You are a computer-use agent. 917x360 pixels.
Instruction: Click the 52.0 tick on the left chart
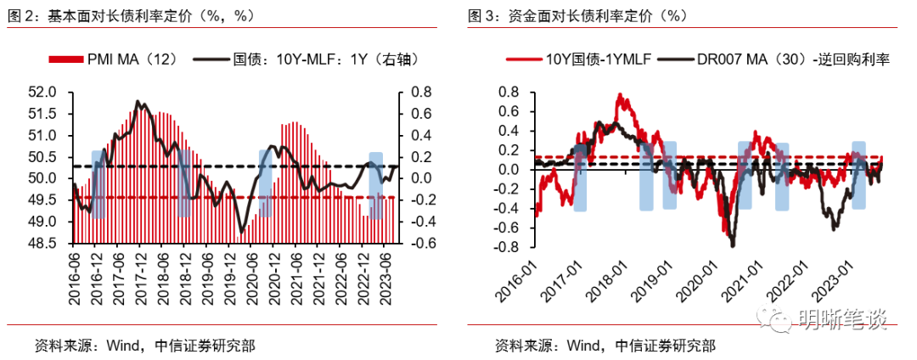[43, 93]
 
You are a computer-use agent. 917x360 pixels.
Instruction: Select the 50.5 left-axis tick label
[43, 157]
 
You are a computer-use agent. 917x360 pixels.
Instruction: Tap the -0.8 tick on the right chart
[506, 247]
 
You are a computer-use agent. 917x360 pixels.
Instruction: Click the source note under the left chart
[143, 346]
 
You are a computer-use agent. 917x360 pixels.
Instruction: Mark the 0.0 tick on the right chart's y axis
[509, 170]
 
